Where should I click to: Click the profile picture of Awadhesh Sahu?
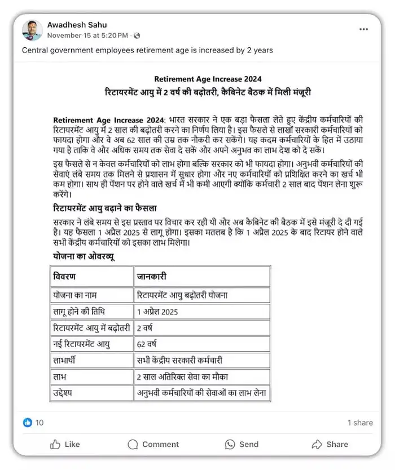point(32,30)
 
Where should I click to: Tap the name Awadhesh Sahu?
point(77,25)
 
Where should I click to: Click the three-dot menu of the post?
point(363,29)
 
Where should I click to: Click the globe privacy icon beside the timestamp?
point(137,36)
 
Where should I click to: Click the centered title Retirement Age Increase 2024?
point(208,79)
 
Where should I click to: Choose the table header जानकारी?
point(152,277)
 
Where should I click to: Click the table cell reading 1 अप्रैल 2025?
point(157,312)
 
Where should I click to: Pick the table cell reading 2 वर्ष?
point(145,327)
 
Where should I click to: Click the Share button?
point(330,444)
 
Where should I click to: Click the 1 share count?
point(360,423)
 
